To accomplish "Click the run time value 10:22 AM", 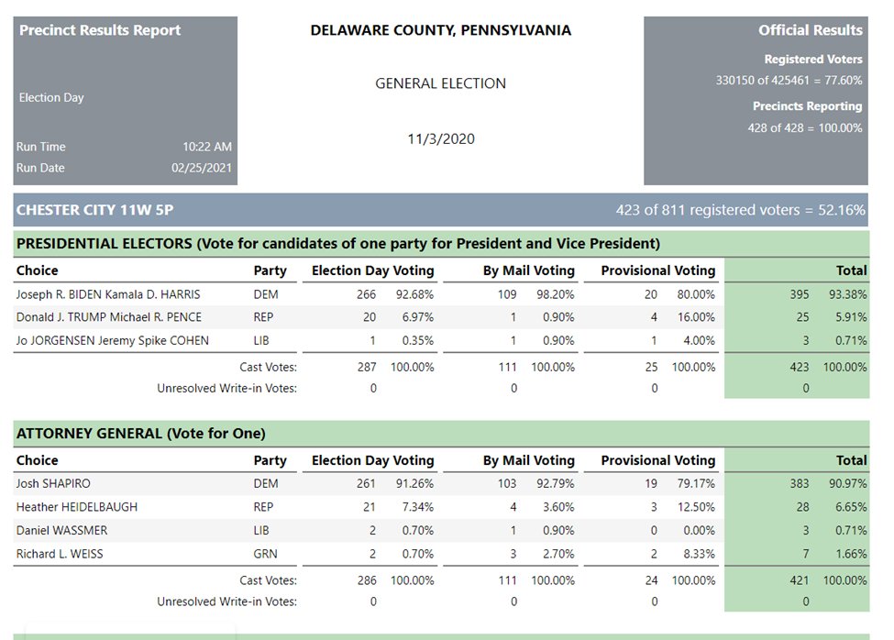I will point(206,147).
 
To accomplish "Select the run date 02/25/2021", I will point(202,168).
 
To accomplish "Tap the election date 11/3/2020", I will point(441,139).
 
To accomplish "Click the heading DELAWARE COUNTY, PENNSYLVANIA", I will point(440,30).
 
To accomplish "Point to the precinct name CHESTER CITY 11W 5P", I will point(94,210).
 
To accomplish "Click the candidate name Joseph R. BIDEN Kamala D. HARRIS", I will point(107,294).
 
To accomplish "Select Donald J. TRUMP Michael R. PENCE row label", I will point(108,317).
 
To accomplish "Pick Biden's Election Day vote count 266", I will point(367,294).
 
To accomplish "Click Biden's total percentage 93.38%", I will point(848,294).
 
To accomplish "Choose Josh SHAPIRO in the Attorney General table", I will point(53,483).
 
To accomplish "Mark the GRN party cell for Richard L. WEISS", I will point(266,554).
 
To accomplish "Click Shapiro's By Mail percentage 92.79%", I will point(556,483).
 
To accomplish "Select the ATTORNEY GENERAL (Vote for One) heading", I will point(140,433).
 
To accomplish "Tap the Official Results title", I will point(810,30).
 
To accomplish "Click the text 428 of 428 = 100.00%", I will point(805,127).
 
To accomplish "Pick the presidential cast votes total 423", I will point(800,367).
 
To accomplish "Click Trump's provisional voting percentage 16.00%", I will point(696,317).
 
